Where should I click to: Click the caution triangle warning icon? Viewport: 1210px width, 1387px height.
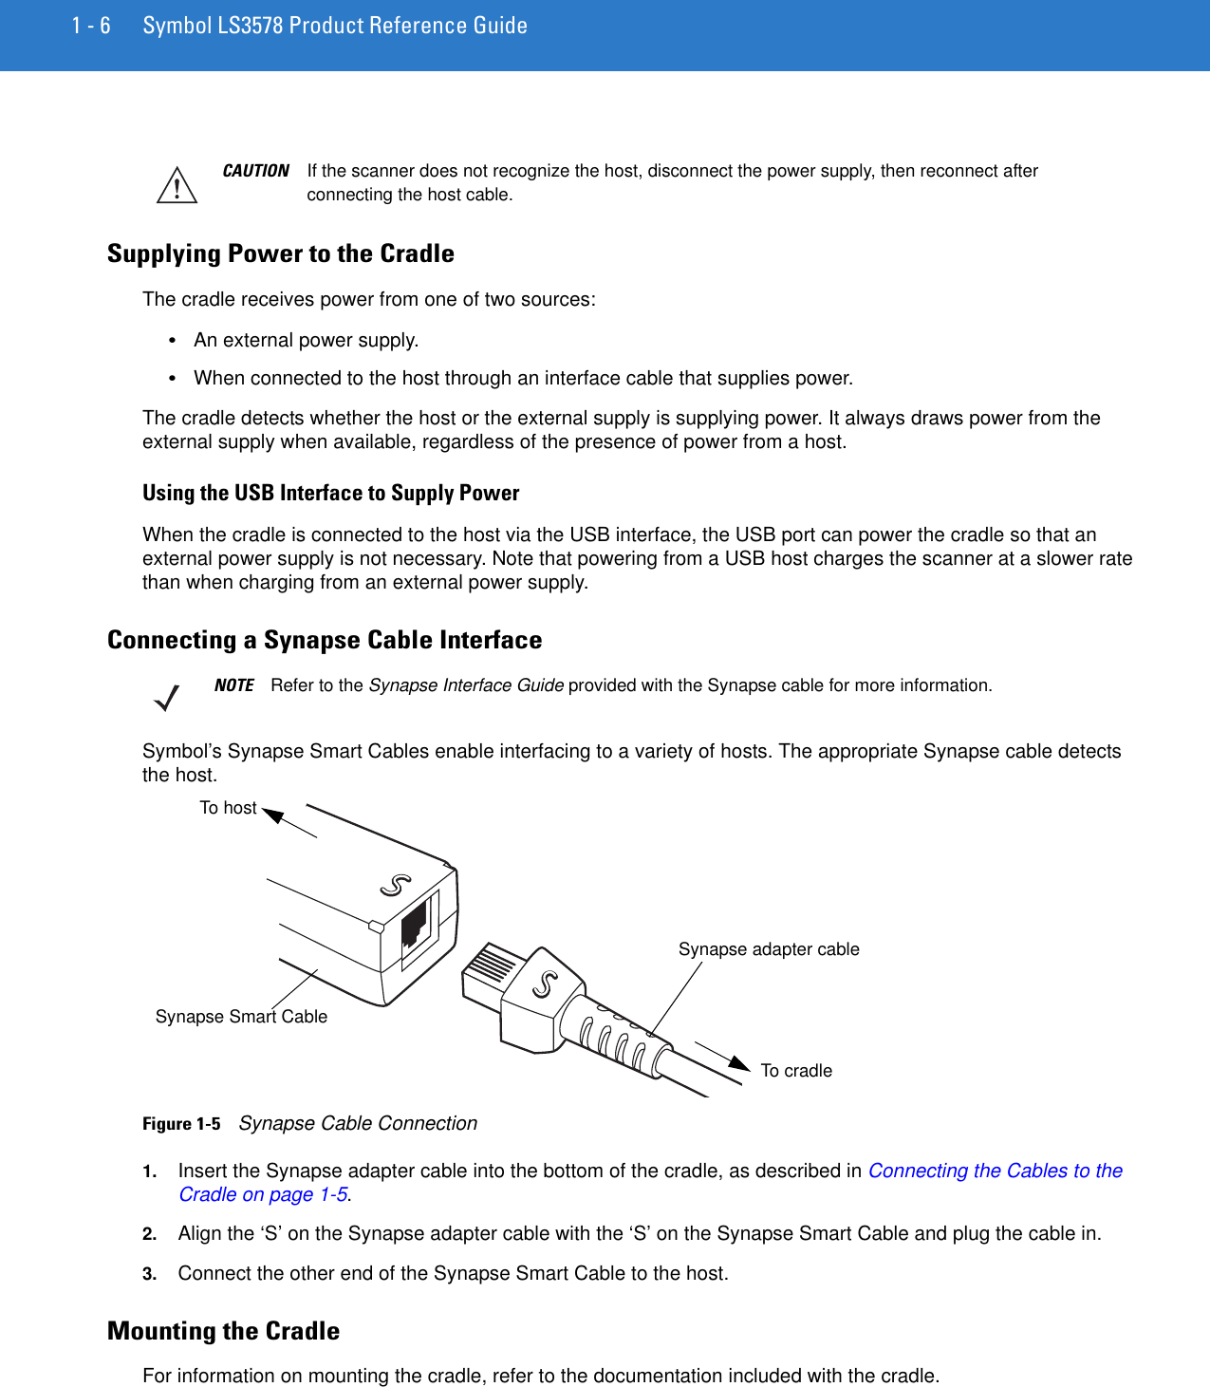pyautogui.click(x=177, y=185)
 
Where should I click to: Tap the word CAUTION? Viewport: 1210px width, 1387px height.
pyautogui.click(x=255, y=171)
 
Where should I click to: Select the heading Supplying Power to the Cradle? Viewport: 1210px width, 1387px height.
pyautogui.click(x=280, y=253)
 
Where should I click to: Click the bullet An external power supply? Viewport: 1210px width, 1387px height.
pyautogui.click(x=306, y=340)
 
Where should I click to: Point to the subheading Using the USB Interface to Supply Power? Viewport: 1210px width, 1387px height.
pyautogui.click(x=330, y=493)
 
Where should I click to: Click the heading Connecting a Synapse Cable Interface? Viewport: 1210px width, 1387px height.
pyautogui.click(x=325, y=640)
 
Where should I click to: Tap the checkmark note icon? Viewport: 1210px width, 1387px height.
pyautogui.click(x=167, y=699)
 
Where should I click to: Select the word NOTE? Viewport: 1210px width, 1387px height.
pyautogui.click(x=233, y=685)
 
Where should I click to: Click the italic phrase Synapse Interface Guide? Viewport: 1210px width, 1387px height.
pyautogui.click(x=466, y=685)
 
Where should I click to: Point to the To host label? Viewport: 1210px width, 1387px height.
pyautogui.click(x=228, y=808)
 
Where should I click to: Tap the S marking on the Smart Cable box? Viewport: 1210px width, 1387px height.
pyautogui.click(x=396, y=886)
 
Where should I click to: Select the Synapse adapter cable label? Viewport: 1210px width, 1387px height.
pyautogui.click(x=769, y=949)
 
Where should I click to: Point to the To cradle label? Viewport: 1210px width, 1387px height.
pyautogui.click(x=796, y=1071)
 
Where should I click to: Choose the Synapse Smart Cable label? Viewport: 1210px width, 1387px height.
pyautogui.click(x=241, y=1017)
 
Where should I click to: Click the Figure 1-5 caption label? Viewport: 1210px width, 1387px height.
pyautogui.click(x=181, y=1124)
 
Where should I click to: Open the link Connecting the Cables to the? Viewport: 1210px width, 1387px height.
pyautogui.click(x=995, y=1171)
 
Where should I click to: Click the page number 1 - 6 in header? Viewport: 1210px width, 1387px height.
pyautogui.click(x=91, y=26)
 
